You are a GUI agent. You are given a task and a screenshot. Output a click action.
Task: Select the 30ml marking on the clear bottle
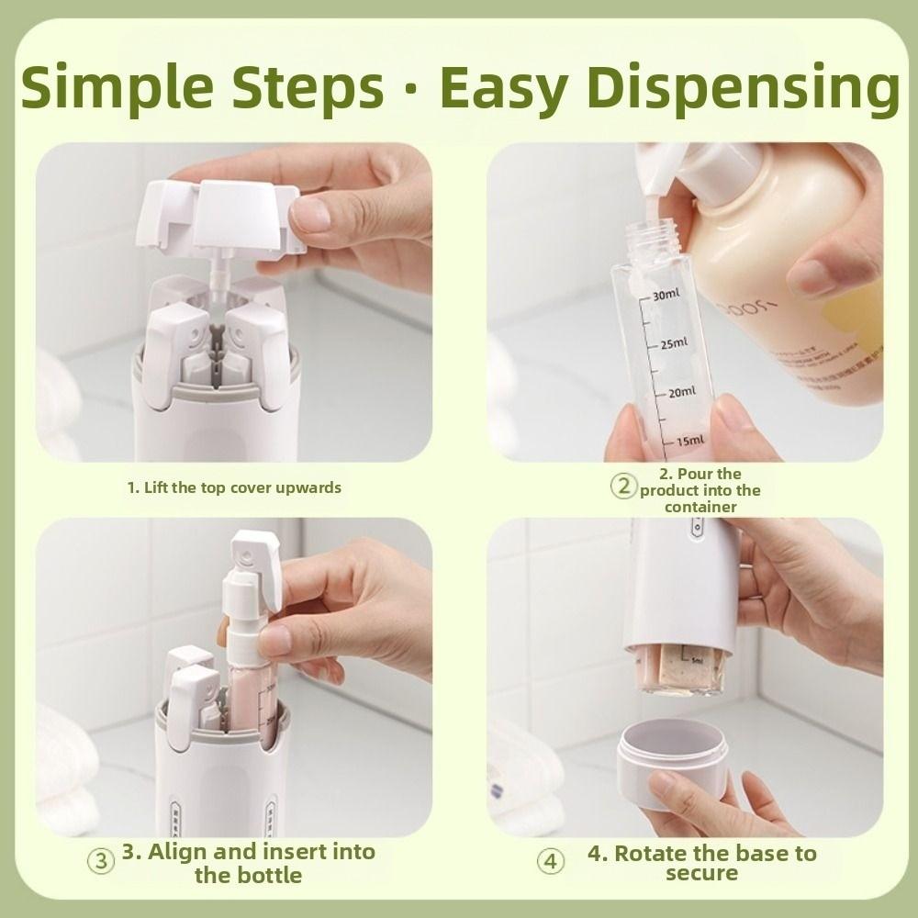pyautogui.click(x=666, y=295)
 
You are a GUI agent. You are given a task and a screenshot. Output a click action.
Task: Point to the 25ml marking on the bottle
pyautogui.click(x=672, y=343)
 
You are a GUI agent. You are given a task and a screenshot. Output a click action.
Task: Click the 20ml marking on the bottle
pyautogui.click(x=680, y=392)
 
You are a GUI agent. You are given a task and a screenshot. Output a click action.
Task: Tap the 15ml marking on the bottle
pyautogui.click(x=688, y=441)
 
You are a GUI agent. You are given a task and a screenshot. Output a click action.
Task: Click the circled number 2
pyautogui.click(x=624, y=487)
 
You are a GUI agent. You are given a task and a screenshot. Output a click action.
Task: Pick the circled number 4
pyautogui.click(x=550, y=862)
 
